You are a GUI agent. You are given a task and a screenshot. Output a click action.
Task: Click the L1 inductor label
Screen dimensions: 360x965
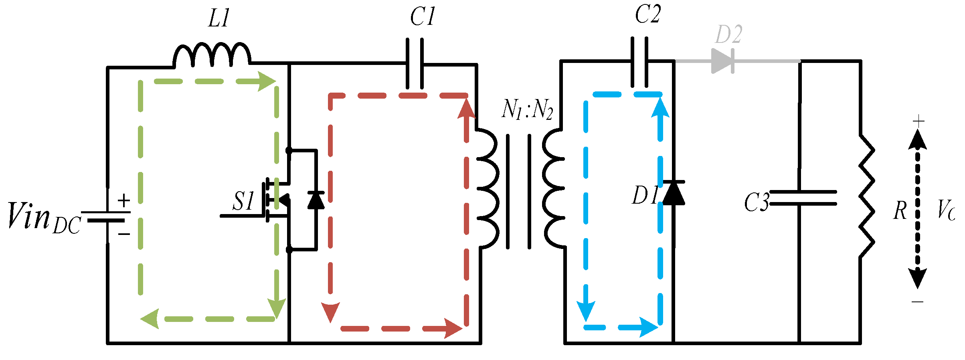[219, 18]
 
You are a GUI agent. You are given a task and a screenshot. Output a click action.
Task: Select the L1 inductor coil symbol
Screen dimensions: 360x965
[212, 55]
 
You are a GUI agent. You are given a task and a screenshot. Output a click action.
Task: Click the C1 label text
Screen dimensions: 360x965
[422, 17]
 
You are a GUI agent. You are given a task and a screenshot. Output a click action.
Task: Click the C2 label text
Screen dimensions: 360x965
[647, 15]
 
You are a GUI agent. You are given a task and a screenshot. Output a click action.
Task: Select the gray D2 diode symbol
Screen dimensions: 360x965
[722, 61]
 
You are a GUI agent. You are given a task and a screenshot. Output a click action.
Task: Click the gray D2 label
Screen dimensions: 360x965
[729, 34]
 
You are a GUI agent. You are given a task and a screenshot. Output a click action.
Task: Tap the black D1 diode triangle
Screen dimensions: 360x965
[674, 193]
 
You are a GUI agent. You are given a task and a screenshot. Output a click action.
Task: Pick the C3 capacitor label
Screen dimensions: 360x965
[757, 202]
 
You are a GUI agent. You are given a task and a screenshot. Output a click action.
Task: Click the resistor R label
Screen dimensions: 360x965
[900, 210]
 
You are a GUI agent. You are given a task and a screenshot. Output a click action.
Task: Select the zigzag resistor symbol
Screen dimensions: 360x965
[866, 196]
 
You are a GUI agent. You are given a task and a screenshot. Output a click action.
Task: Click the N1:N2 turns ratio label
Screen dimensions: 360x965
[527, 109]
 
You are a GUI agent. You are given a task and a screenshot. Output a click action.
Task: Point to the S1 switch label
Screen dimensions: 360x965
[243, 201]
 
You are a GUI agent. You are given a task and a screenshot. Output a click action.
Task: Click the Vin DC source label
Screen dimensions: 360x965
[44, 218]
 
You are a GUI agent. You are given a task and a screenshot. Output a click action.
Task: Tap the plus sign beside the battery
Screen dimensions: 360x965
[124, 200]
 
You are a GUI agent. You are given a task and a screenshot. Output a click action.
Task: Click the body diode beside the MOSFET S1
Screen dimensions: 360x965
[316, 200]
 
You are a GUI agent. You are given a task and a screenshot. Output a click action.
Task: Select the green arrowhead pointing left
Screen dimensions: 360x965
[150, 319]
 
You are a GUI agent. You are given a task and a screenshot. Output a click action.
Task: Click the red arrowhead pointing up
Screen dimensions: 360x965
[466, 109]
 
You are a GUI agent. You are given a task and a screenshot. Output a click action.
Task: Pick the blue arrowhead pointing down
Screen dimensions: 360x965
[586, 311]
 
